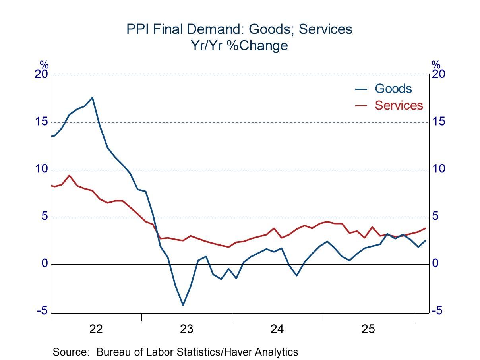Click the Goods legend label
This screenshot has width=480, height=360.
(393, 89)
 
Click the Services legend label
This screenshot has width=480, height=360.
(399, 105)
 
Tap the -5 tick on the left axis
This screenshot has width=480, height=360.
(42, 311)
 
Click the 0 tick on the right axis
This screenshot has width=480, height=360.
(435, 263)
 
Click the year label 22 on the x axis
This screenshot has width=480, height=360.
(96, 329)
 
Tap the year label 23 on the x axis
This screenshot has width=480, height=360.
(186, 329)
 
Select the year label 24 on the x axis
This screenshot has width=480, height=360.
(277, 329)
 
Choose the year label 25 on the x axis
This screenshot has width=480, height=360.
(368, 329)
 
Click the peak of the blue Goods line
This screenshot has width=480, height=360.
(92, 97)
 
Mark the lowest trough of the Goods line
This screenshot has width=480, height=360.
(183, 305)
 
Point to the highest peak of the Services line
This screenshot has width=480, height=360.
(70, 175)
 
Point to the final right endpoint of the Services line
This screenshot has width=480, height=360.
(426, 228)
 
